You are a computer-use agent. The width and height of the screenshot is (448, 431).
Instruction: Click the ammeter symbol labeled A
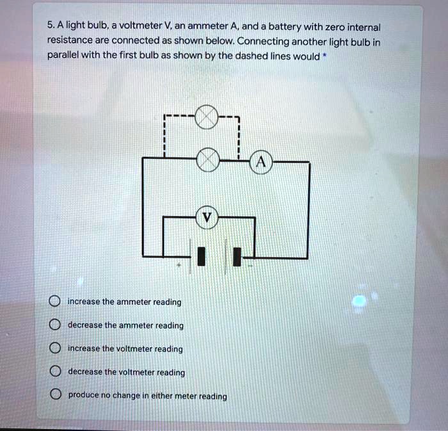coord(260,163)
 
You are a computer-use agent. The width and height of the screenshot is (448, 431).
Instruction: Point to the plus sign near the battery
coord(179,264)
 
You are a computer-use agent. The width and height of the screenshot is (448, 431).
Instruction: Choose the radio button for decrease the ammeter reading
coord(55,325)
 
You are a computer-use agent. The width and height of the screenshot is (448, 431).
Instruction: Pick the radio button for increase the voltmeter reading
coord(55,349)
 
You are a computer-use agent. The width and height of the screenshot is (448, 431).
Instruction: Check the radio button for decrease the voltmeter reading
coord(55,372)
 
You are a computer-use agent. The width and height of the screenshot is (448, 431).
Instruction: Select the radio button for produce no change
coord(55,395)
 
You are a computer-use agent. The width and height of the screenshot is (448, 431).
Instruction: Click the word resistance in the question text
coord(70,42)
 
